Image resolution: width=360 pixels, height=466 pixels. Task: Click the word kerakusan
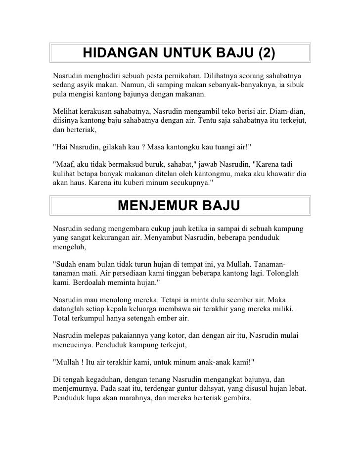click(101, 110)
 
